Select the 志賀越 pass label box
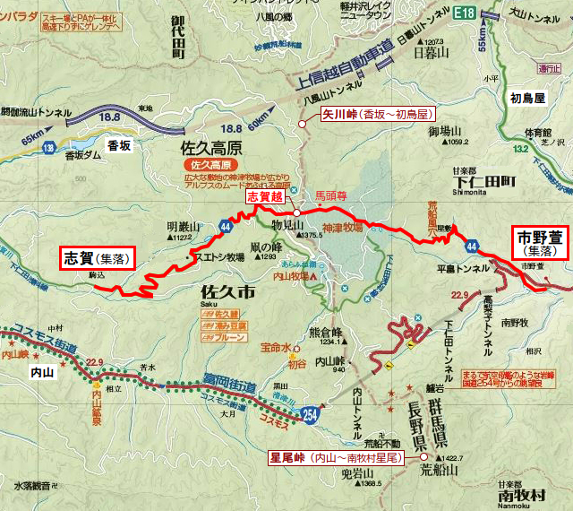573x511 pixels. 265,195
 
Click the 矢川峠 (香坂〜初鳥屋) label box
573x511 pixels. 376,114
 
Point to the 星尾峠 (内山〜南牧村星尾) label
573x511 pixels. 335,456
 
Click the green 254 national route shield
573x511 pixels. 309,415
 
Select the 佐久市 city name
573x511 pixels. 229,292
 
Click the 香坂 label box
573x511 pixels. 119,143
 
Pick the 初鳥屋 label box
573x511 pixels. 528,99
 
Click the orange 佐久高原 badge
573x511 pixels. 209,166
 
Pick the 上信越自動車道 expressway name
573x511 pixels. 342,65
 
